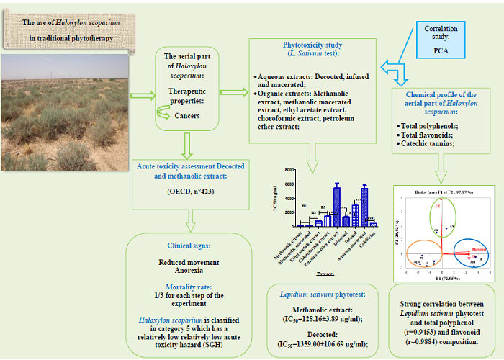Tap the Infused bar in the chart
pyautogui.click(x=355, y=215)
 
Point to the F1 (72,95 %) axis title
pyautogui.click(x=439, y=277)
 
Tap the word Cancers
pyautogui.click(x=187, y=116)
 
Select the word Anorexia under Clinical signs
pyautogui.click(x=189, y=272)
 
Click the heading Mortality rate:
pyautogui.click(x=189, y=286)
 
